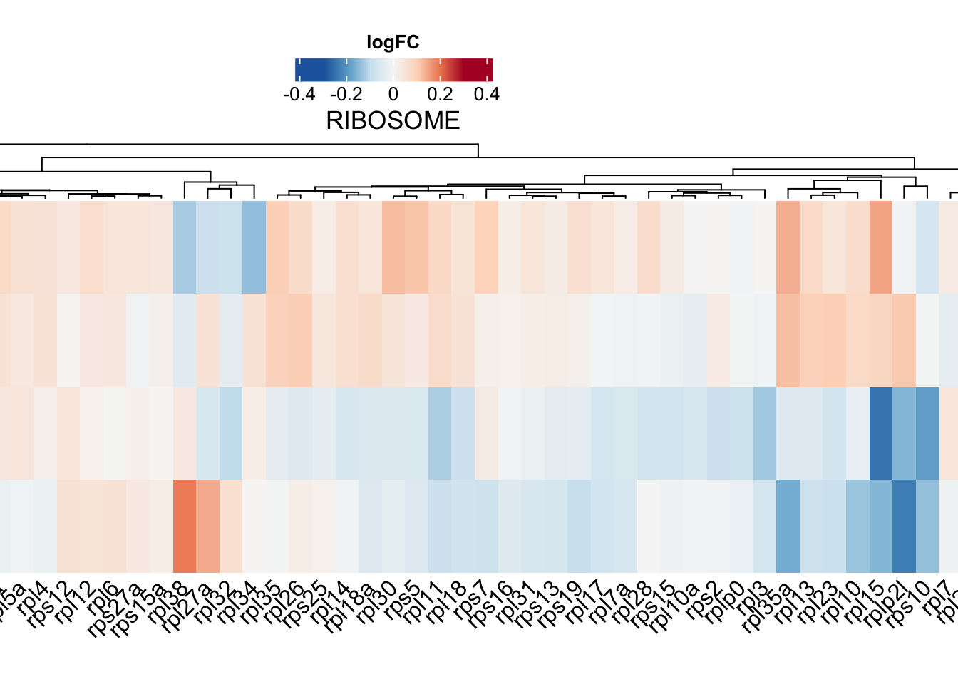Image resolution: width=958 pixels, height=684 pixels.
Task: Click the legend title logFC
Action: point(393,43)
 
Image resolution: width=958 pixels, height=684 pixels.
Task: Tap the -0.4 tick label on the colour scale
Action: point(299,95)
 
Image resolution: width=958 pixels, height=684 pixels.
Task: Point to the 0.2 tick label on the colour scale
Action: point(440,95)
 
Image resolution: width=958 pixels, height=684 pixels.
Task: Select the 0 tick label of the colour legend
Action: point(393,95)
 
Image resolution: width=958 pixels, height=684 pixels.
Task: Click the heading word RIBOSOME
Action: point(393,120)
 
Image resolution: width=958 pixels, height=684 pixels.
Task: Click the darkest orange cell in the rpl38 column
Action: point(185,526)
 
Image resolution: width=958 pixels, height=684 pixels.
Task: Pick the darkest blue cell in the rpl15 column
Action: point(881,433)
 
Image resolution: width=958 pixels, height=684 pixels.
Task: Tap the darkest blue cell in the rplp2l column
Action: point(904,526)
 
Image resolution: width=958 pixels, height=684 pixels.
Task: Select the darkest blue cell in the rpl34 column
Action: point(254,247)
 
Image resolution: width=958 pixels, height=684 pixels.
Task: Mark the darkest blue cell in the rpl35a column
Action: point(788,526)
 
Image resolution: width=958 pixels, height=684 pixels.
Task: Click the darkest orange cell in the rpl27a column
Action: point(207,526)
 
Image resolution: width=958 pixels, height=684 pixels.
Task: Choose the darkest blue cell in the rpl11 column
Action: point(440,433)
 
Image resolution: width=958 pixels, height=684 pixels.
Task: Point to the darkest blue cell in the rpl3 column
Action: point(765,433)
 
